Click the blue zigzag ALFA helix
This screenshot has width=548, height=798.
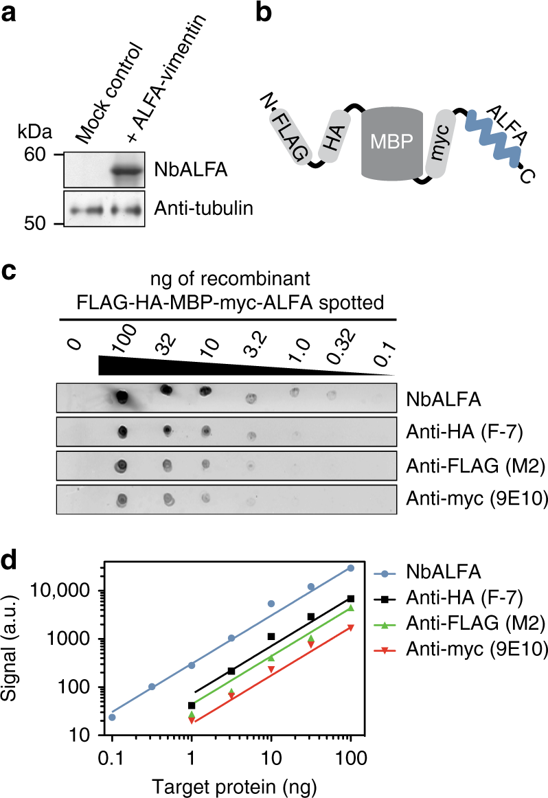click(x=492, y=135)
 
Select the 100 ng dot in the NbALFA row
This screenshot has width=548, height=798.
click(x=122, y=396)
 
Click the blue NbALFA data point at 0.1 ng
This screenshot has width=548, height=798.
click(x=112, y=717)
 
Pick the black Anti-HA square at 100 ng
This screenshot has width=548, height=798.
click(x=351, y=598)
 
